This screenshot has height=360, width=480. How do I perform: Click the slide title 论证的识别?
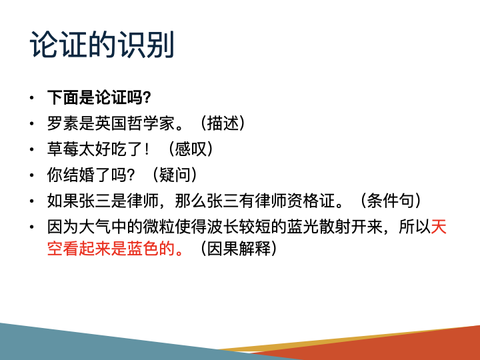(102, 45)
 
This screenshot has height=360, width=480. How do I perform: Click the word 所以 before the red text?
(415, 226)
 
